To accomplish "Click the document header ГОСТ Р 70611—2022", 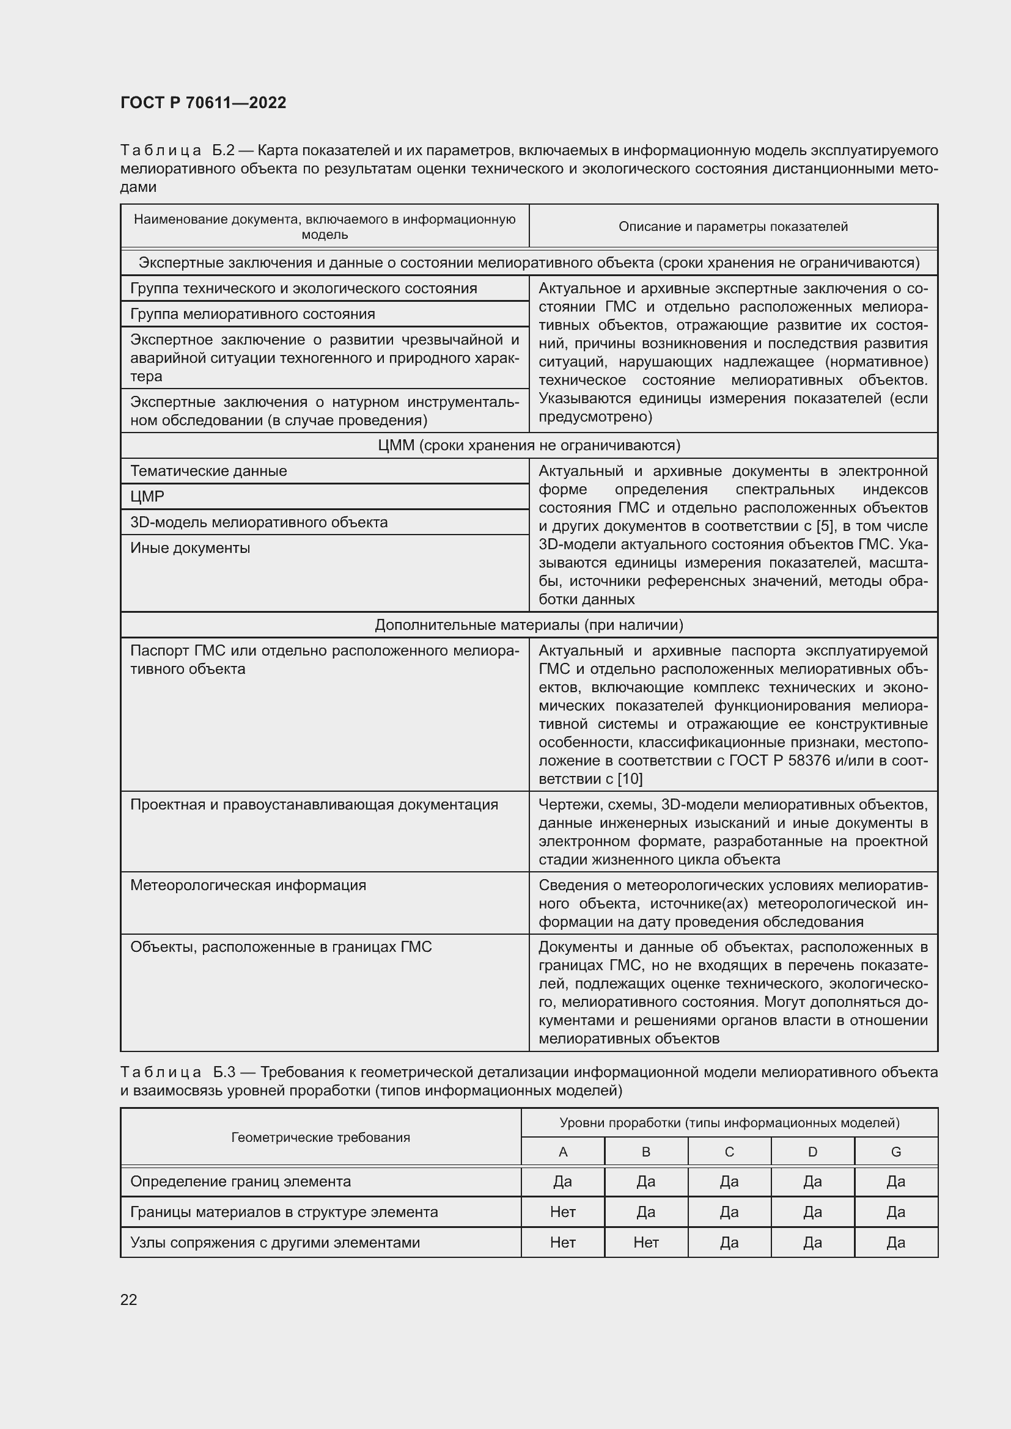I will coord(203,103).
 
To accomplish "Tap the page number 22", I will coord(128,1299).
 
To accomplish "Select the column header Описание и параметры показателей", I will coord(733,227).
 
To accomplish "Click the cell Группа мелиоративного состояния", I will coord(253,313).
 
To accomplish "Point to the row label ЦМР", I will coord(147,496).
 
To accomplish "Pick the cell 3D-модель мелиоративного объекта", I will coord(259,522).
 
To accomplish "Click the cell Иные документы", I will coord(190,547).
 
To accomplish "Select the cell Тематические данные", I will coord(208,470).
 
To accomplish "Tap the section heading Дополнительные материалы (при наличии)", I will coord(529,625).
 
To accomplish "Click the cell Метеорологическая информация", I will coord(248,885).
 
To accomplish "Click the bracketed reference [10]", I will coord(630,778).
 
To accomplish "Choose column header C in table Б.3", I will coord(729,1152).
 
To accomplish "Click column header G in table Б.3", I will coord(896,1152).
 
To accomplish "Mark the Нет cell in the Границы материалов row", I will coord(563,1212).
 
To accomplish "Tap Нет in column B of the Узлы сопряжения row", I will coord(645,1242).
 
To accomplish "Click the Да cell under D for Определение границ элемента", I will coord(812,1182).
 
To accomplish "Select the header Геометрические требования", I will coord(321,1137).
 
